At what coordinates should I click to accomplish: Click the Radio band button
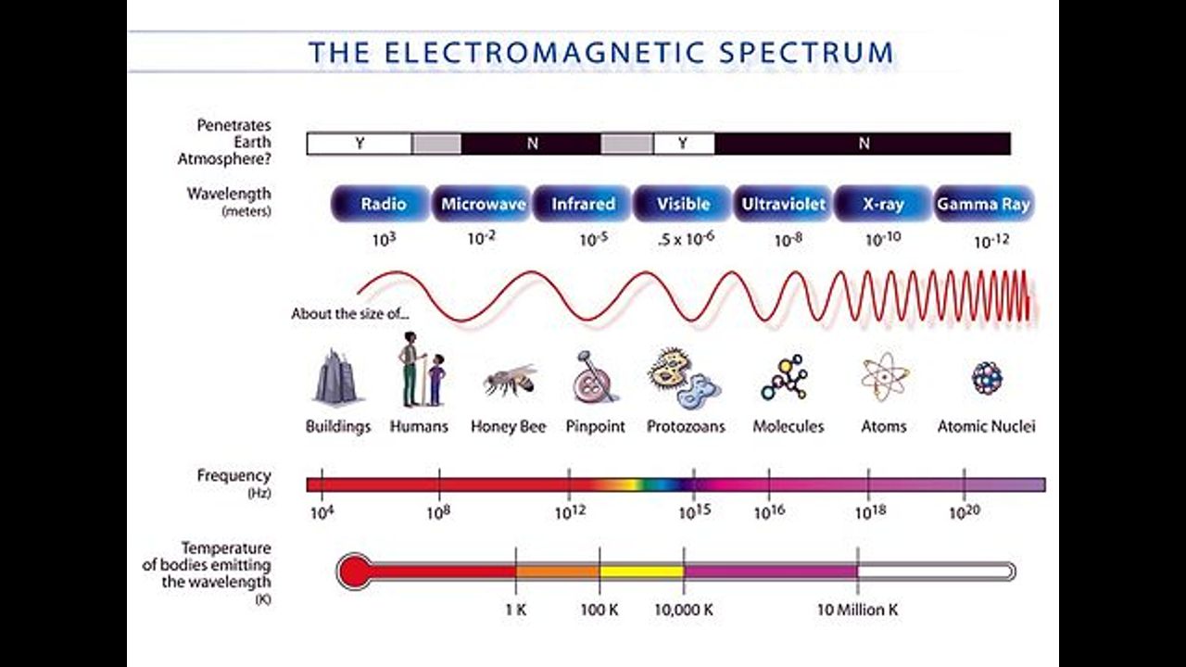[381, 204]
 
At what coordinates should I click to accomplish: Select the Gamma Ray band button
[984, 204]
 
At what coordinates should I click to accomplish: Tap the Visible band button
[683, 204]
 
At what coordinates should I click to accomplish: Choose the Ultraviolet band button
[784, 204]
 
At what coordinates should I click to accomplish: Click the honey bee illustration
[510, 380]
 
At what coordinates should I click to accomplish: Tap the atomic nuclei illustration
[987, 378]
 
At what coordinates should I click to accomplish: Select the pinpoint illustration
[594, 377]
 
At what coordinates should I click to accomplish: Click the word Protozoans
[686, 427]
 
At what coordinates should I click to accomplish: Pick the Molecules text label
[789, 427]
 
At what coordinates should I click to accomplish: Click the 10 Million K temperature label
[858, 610]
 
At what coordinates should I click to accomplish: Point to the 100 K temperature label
[599, 610]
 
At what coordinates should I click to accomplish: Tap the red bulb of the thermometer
[355, 572]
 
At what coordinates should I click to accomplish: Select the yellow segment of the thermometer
[642, 572]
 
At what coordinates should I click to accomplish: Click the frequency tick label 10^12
[570, 512]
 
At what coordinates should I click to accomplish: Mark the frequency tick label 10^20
[965, 512]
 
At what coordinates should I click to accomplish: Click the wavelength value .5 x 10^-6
[686, 239]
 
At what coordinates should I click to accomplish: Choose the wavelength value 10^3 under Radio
[384, 240]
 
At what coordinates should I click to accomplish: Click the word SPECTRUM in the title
[806, 53]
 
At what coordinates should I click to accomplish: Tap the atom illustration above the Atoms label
[884, 377]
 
